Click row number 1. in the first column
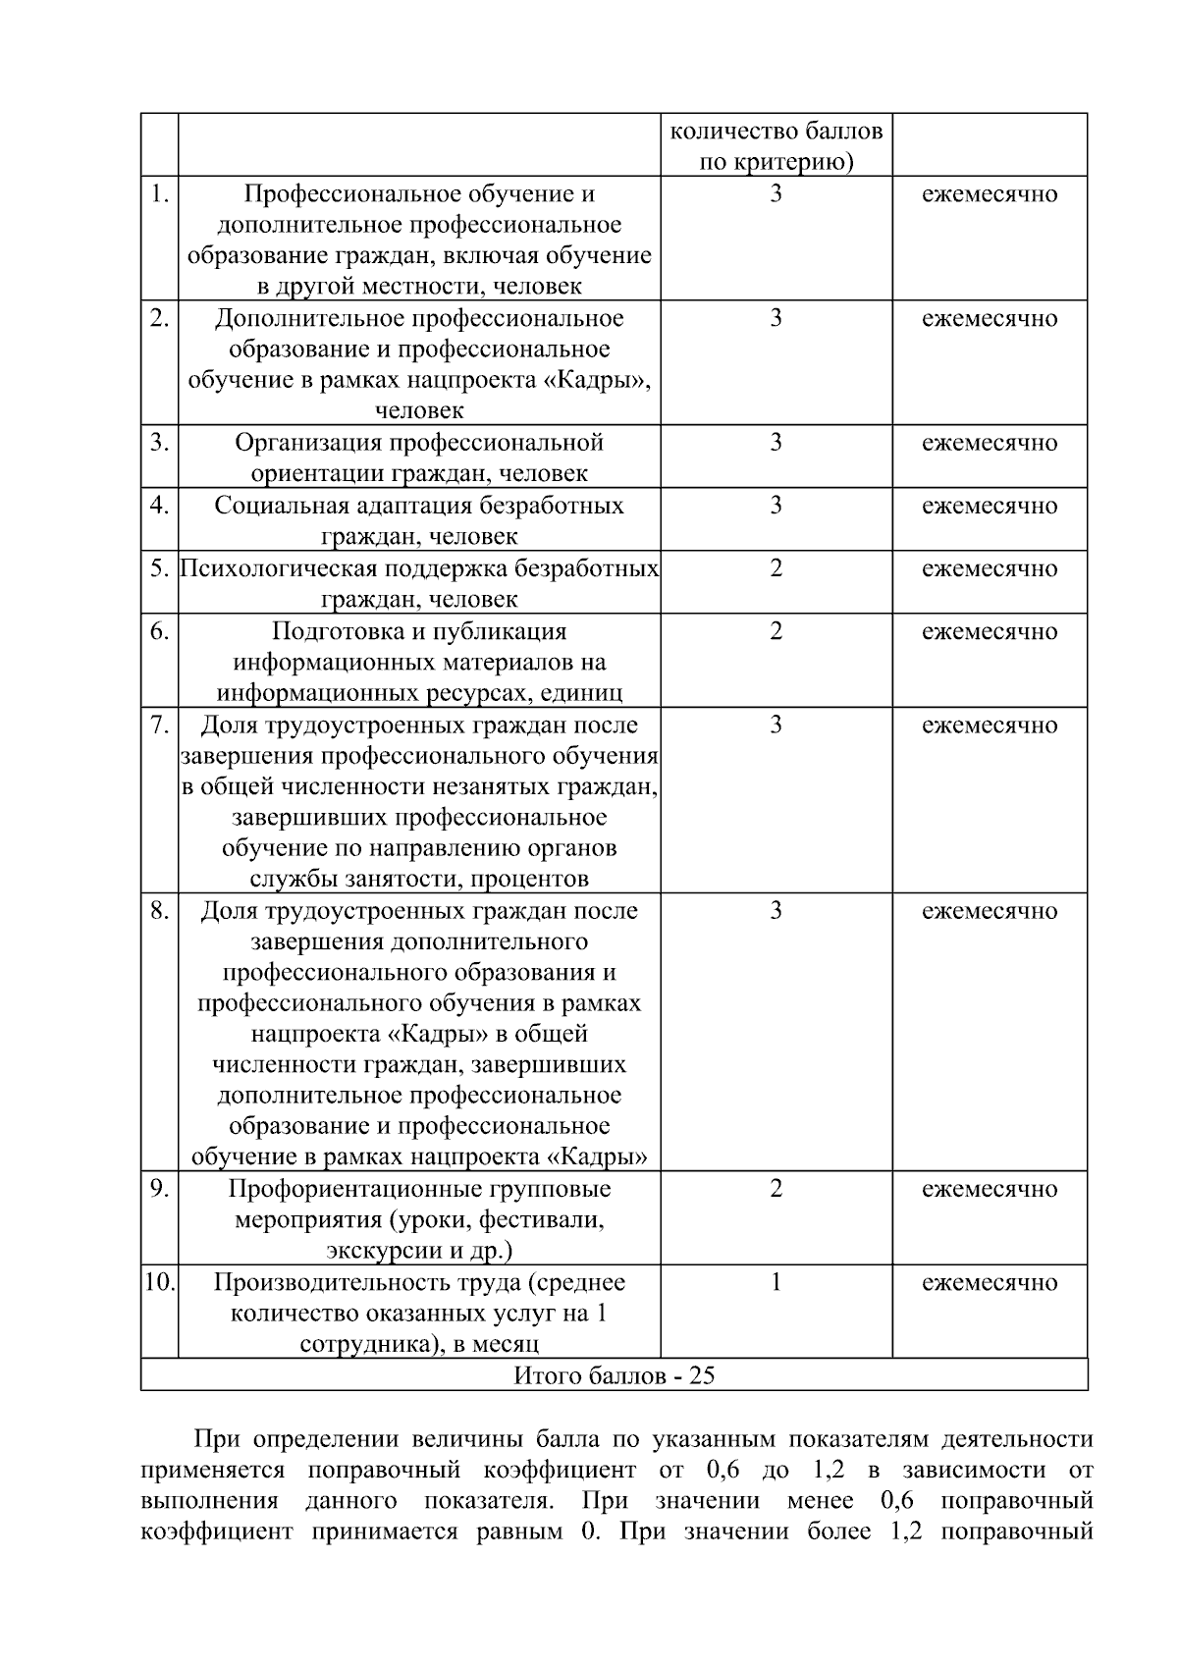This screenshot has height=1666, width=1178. coord(159,193)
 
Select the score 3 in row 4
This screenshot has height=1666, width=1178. coord(776,506)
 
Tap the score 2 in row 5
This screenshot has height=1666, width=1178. coord(776,568)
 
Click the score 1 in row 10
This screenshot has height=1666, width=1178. coord(776,1282)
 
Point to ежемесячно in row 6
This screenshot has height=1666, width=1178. coord(990,631)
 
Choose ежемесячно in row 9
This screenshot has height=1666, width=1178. coord(990,1189)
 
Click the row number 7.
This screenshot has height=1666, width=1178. coord(159,725)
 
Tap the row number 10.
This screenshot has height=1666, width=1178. coord(159,1282)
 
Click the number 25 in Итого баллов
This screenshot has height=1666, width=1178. coord(701,1374)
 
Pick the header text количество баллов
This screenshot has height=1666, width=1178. coord(776,131)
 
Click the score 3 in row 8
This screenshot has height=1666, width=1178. coord(776,910)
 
